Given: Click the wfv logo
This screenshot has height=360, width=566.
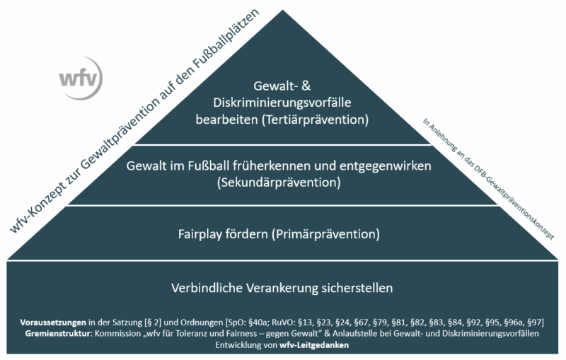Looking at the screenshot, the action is point(81,79).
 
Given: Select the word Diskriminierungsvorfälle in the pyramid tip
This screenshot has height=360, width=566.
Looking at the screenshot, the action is point(282,103).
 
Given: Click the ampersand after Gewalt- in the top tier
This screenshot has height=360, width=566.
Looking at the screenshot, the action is point(306,86).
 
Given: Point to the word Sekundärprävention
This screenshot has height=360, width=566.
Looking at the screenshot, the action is point(279,182).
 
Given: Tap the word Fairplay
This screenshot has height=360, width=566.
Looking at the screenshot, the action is point(200,234).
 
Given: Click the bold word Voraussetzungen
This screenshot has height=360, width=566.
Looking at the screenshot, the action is point(53,322).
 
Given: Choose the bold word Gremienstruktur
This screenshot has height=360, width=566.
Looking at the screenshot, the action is point(59,333).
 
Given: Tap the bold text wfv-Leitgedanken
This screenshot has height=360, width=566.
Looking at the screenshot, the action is point(314,345).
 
